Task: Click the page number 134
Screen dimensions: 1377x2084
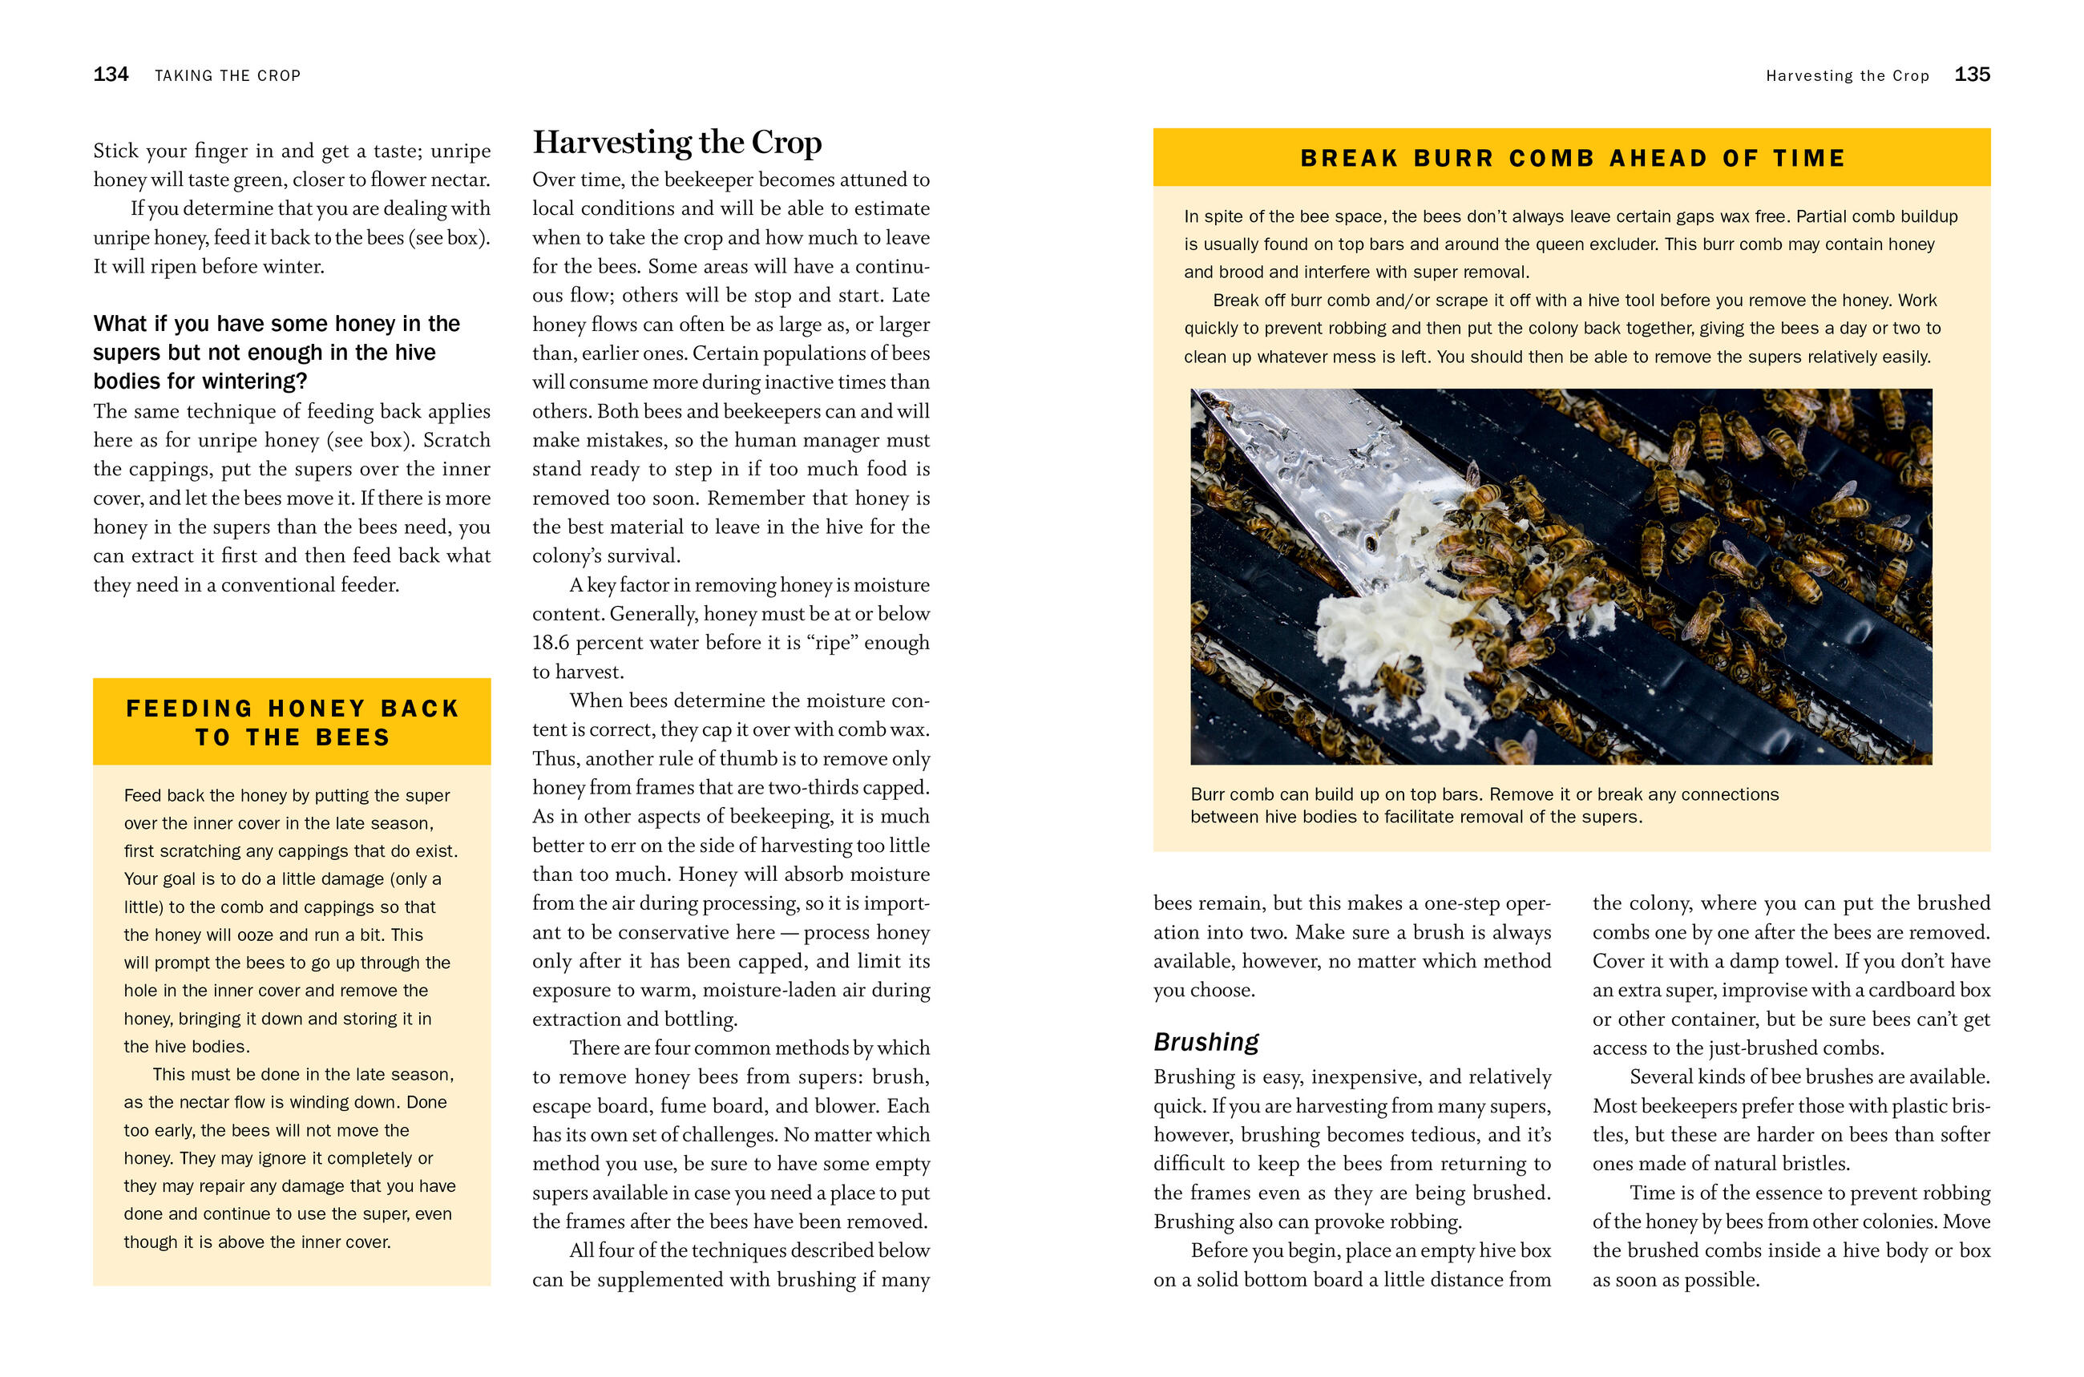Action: [111, 75]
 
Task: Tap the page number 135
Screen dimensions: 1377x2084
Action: [1971, 75]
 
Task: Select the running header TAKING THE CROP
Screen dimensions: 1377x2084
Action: [228, 76]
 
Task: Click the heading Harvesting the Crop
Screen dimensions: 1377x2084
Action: [677, 142]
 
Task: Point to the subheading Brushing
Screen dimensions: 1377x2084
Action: [1206, 1041]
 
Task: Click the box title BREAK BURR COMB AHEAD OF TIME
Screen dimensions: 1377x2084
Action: [1572, 158]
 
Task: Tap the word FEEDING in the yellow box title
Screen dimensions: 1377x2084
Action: [190, 709]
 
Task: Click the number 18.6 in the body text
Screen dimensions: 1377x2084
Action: [550, 643]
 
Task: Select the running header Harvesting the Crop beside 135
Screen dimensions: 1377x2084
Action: [1847, 76]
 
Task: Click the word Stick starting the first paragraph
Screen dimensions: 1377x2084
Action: [116, 151]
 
